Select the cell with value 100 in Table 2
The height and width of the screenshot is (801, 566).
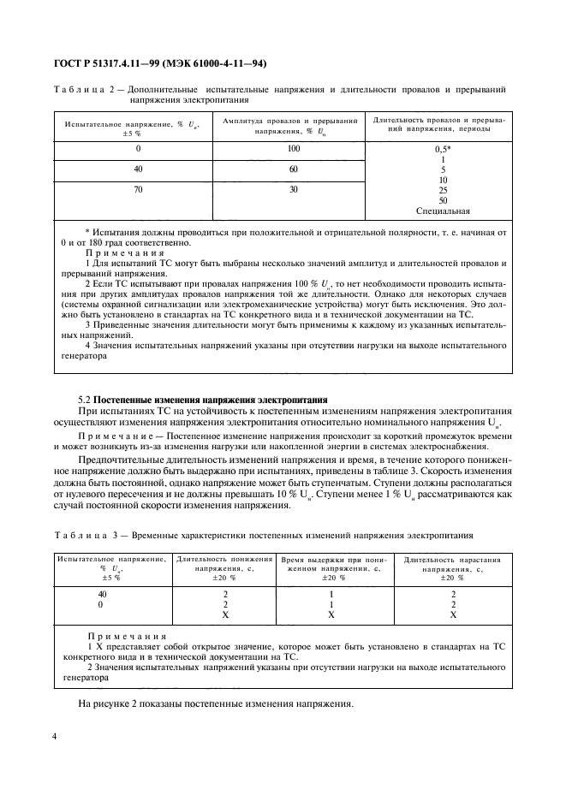coord(294,149)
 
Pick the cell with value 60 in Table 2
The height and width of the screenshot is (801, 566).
coord(294,169)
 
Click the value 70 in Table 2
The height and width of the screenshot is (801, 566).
coord(138,190)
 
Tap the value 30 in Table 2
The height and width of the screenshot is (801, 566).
coord(294,190)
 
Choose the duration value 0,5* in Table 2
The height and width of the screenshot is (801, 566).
coord(443,150)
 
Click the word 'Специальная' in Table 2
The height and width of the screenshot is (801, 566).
coord(443,211)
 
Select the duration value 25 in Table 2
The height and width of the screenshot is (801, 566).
coord(443,190)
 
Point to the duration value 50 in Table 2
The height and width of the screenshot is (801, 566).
coord(443,200)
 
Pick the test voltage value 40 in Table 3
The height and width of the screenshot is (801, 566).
coord(103,593)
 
